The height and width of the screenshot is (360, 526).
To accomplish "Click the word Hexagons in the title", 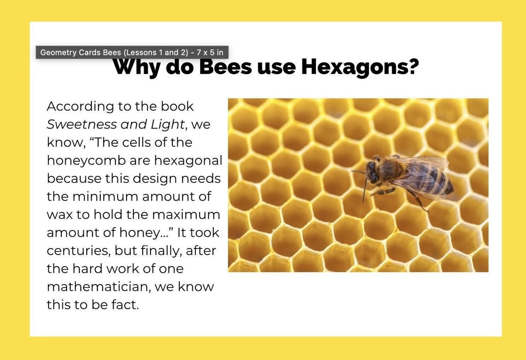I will [x=360, y=67].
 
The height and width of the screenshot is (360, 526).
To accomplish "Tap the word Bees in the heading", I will [x=225, y=67].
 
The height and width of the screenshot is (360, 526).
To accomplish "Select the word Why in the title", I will [x=137, y=68].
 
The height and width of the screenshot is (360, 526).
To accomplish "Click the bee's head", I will [x=373, y=171].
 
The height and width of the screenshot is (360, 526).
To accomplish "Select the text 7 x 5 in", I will [x=210, y=52].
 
